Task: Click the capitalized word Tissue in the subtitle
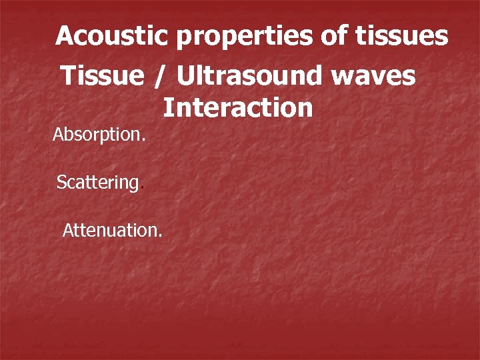click(102, 76)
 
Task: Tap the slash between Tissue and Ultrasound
click(160, 77)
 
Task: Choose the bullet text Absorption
click(99, 135)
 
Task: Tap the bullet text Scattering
click(99, 183)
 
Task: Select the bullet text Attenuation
click(111, 231)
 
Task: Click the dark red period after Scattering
click(141, 188)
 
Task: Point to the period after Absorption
click(143, 140)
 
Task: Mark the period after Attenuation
click(159, 235)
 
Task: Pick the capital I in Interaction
click(167, 107)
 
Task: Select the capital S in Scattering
click(61, 183)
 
